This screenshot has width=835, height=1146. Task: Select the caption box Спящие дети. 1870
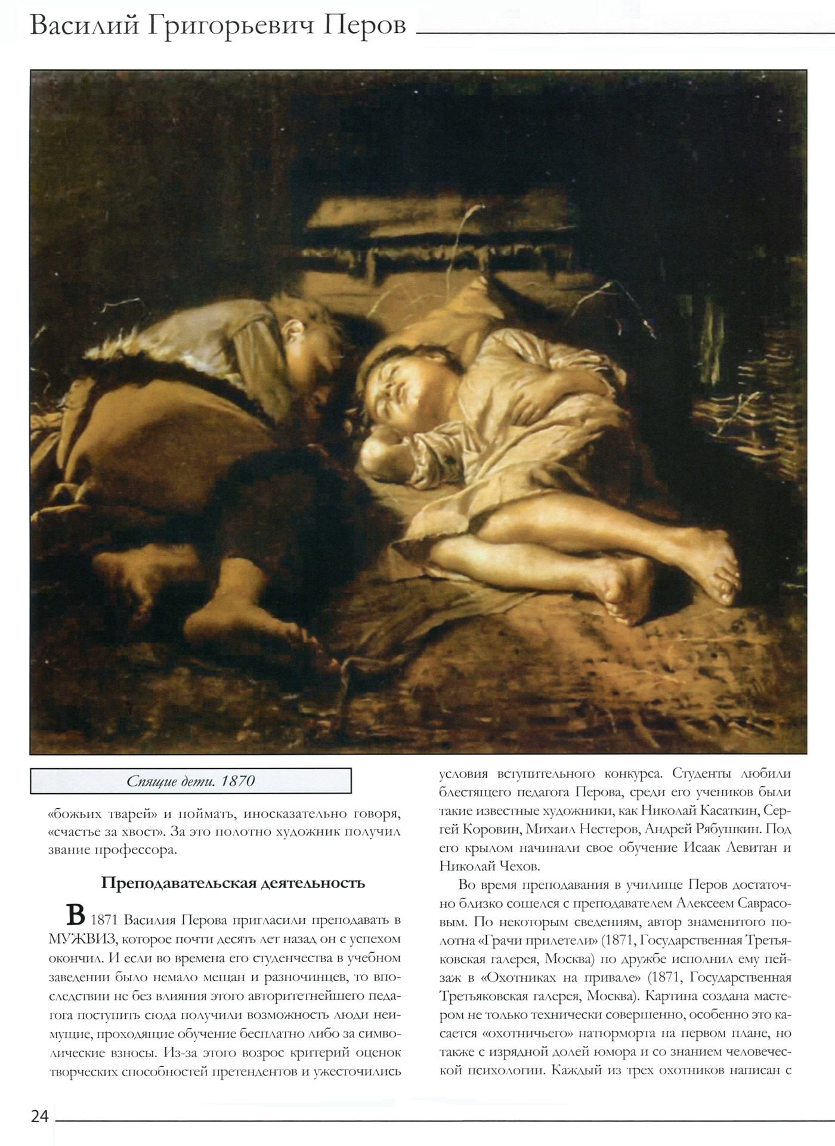191,781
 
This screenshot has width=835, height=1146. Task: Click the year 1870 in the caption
237,781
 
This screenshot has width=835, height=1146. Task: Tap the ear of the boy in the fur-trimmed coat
292,327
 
